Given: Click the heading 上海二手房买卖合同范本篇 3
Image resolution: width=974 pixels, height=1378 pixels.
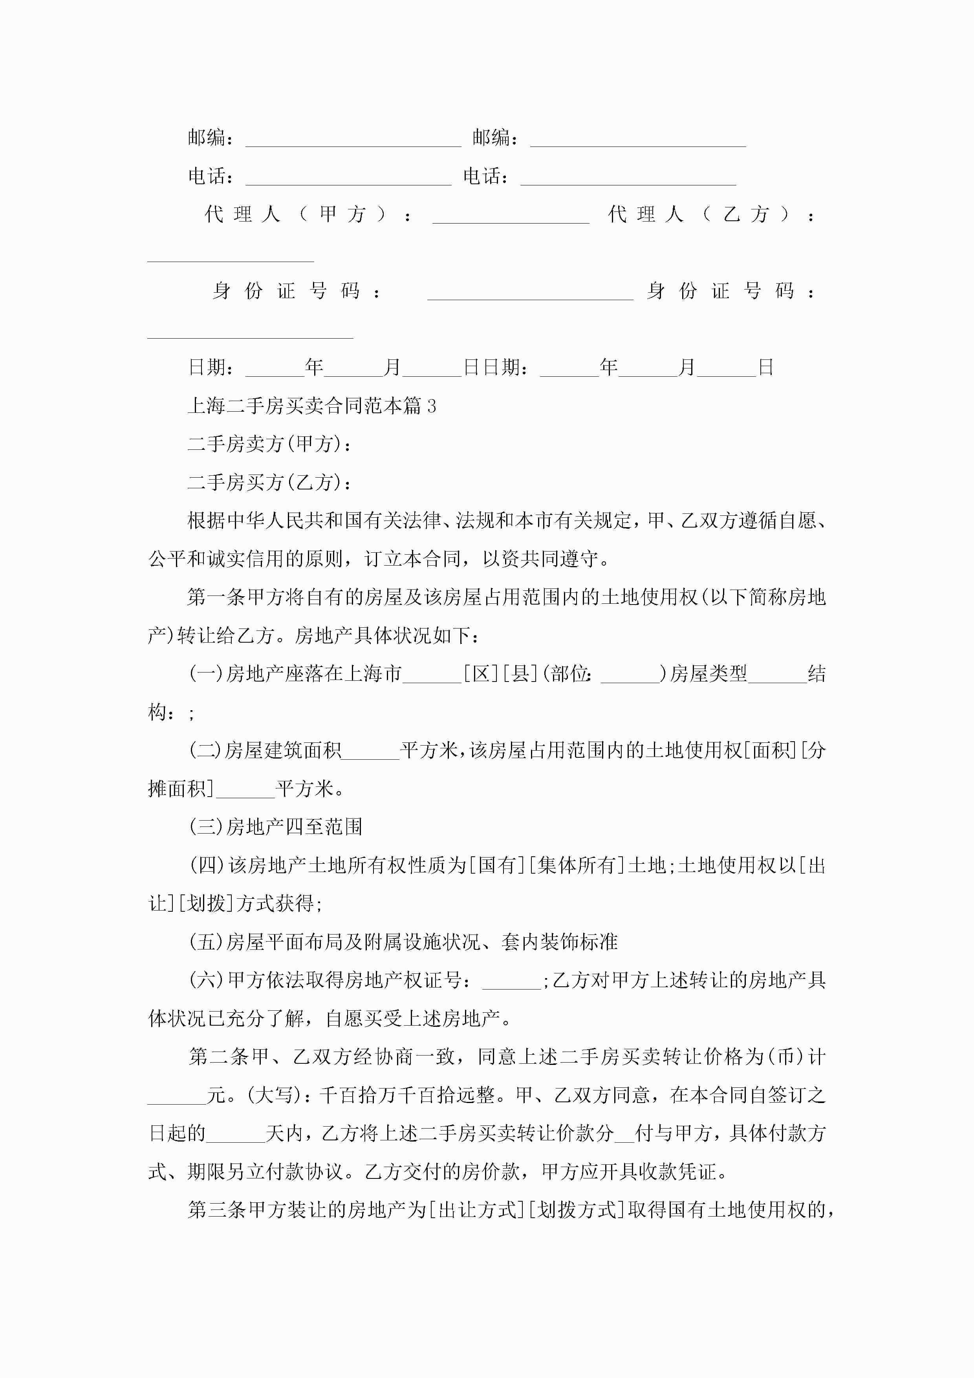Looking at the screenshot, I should pos(311,406).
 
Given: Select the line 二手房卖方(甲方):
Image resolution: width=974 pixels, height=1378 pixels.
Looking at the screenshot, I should pos(269,445).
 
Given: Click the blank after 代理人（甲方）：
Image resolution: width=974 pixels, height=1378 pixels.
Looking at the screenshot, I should pos(510,216).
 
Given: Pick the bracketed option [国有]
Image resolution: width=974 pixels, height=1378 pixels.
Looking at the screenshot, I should pos(496,865).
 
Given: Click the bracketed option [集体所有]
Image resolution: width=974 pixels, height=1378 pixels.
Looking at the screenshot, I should pos(575,865).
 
